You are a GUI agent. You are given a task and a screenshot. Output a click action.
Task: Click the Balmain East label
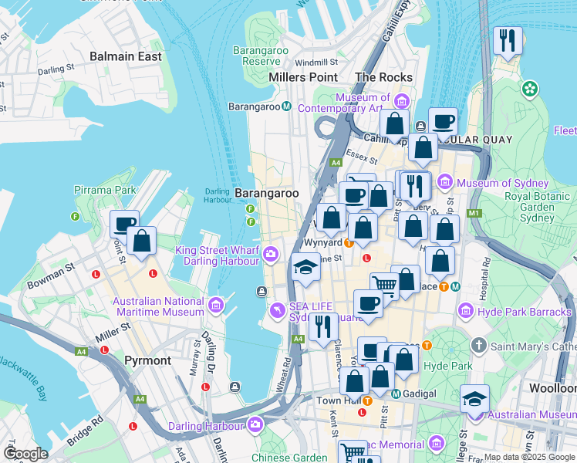pyautogui.click(x=126, y=56)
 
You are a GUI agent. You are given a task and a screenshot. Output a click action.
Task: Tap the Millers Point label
pyautogui.click(x=303, y=77)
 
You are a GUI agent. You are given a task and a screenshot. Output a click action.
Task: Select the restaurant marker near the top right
pyautogui.click(x=508, y=42)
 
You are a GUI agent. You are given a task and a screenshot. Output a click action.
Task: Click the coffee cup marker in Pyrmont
pyautogui.click(x=124, y=225)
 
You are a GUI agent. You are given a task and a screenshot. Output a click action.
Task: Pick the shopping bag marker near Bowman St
pyautogui.click(x=142, y=241)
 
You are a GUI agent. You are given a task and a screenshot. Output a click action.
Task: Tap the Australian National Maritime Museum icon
pyautogui.click(x=215, y=306)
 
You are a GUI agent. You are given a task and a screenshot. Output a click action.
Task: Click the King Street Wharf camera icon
pyautogui.click(x=271, y=253)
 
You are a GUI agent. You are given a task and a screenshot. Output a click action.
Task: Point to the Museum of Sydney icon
pyautogui.click(x=444, y=183)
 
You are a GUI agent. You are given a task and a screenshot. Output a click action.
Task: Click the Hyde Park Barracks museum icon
pyautogui.click(x=466, y=312)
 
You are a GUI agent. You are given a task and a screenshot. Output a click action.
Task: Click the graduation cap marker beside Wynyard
pyautogui.click(x=305, y=268)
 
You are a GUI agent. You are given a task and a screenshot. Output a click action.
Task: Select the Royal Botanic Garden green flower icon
pyautogui.click(x=529, y=90)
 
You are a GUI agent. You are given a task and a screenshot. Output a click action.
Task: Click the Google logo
pyautogui.click(x=25, y=453)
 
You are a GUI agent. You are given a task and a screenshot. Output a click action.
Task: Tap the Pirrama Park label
pyautogui.click(x=105, y=190)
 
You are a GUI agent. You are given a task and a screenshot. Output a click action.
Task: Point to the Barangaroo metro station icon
pyautogui.click(x=286, y=106)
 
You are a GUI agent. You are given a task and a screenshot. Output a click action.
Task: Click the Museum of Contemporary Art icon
pyautogui.click(x=401, y=101)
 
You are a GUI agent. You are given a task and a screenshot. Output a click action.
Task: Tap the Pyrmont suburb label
pyautogui.click(x=147, y=360)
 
